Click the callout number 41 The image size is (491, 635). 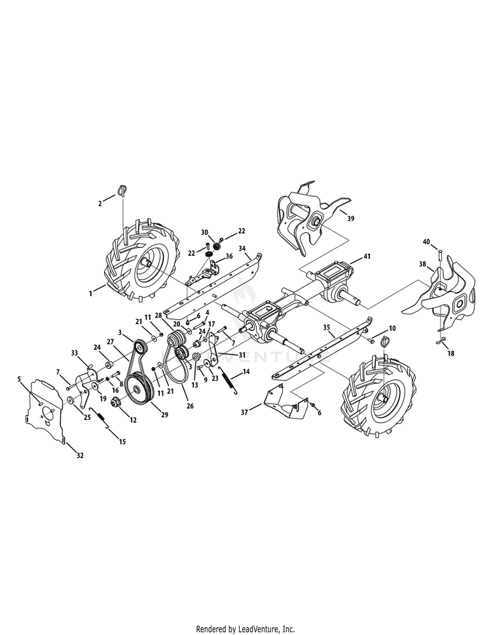[x=367, y=256]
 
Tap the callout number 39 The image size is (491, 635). [x=351, y=218]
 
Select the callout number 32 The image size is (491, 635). [x=81, y=456]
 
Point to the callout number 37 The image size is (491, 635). [x=244, y=412]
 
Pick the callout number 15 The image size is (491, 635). [x=122, y=442]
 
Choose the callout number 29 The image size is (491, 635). [x=164, y=415]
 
